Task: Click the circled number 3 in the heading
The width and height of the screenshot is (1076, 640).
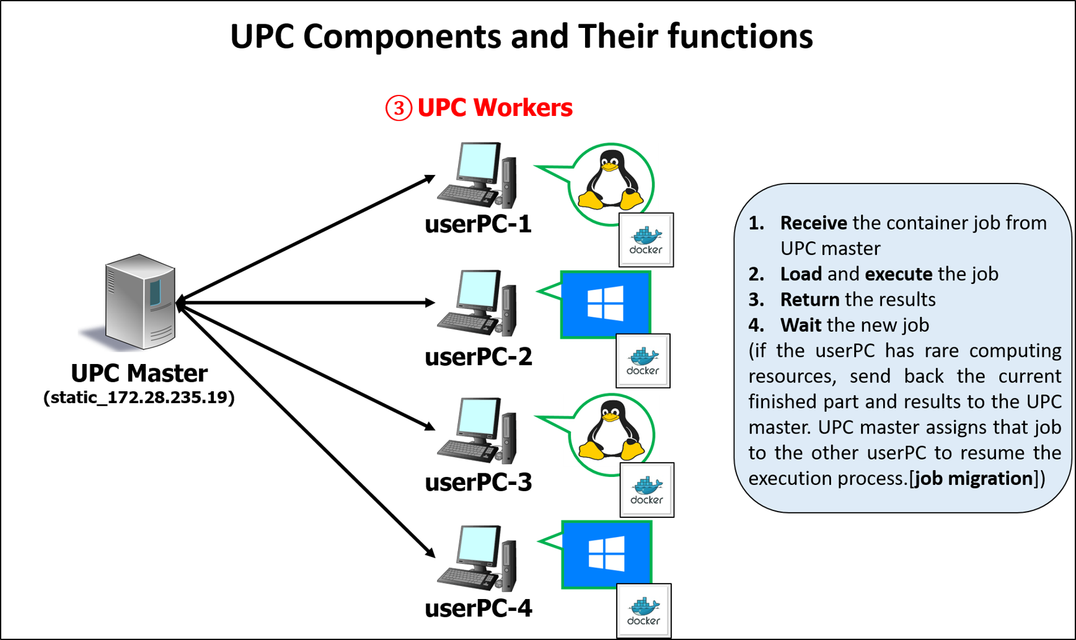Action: pos(399,108)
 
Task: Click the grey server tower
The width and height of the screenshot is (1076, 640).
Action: pos(140,301)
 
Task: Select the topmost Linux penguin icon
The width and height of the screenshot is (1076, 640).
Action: pos(611,180)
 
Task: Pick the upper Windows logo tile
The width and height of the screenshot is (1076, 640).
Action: pos(605,304)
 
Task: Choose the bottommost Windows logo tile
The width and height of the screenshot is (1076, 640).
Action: pos(606,554)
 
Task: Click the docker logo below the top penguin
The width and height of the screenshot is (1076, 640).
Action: pos(646,241)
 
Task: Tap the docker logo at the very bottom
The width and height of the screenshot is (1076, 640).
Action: pos(643,611)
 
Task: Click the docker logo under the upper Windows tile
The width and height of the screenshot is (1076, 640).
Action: pos(643,361)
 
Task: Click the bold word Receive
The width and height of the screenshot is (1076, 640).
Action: pos(813,223)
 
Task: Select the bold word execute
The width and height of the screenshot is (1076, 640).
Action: pos(898,273)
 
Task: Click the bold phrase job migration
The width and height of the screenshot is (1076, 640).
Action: pos(974,478)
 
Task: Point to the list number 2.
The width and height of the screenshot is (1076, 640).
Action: pos(756,273)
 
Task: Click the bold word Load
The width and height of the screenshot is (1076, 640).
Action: pos(801,273)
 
